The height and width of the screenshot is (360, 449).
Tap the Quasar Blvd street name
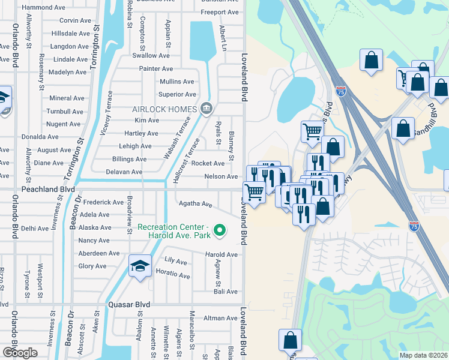[x=128, y=304]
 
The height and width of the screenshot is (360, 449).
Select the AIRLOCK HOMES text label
[x=164, y=109]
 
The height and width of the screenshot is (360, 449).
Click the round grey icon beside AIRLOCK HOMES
[x=206, y=109]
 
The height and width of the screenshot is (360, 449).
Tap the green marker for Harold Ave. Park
[x=220, y=230]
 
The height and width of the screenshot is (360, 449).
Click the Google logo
[x=19, y=352]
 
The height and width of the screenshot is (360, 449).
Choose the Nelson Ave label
[x=221, y=176]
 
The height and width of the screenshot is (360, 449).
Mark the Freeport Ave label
[x=219, y=12]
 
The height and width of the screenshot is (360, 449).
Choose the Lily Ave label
[x=176, y=261]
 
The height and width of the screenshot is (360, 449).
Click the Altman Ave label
[x=221, y=318]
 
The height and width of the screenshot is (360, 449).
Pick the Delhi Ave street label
[x=34, y=228]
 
